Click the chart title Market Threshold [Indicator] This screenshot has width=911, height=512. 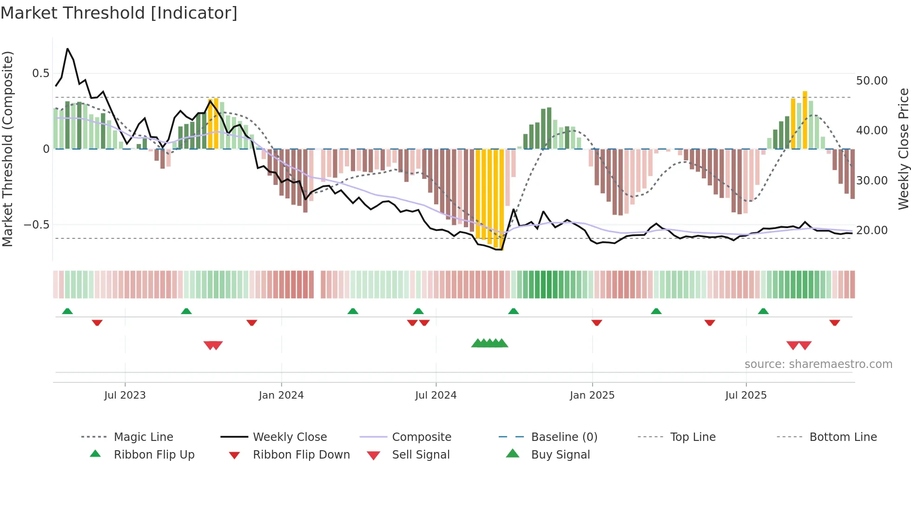point(119,13)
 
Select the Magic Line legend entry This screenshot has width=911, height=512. point(143,437)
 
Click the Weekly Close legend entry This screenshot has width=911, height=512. point(290,437)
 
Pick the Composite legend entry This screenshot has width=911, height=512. point(421,437)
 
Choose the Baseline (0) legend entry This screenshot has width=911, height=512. point(564,437)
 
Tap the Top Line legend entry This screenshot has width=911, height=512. point(693,437)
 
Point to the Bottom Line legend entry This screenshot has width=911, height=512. point(843,437)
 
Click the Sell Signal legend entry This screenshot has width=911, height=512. point(420,454)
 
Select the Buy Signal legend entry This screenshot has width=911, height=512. point(560,454)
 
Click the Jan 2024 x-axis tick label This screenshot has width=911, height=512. point(281,395)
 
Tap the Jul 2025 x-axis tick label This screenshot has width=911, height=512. point(746,395)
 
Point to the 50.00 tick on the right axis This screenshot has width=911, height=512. point(871,80)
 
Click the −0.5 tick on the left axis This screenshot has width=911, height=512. point(36,224)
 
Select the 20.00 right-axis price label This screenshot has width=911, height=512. point(871,230)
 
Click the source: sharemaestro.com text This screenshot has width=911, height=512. point(818,364)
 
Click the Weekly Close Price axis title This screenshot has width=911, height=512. point(903,149)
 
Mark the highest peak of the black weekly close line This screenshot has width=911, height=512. point(67,48)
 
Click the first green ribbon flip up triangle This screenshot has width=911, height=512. point(67,311)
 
